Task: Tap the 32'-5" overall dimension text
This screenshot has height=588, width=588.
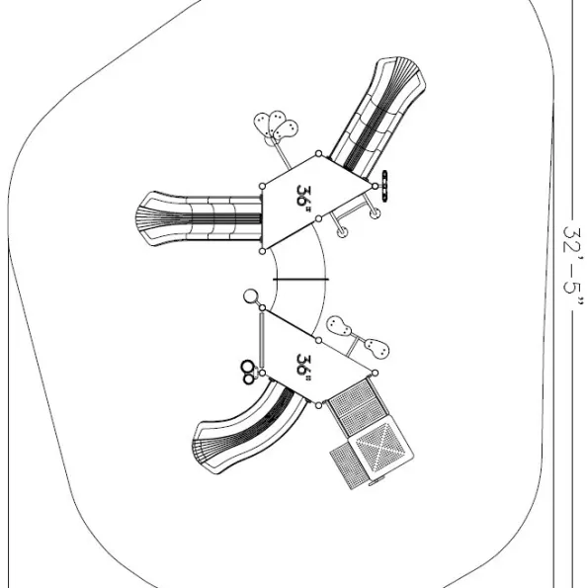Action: (x=573, y=266)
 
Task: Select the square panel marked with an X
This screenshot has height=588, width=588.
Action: (x=380, y=448)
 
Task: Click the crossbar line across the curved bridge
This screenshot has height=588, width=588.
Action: (x=300, y=280)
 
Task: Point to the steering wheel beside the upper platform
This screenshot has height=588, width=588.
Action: (x=384, y=186)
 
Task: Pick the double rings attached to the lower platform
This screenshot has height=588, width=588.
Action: (x=248, y=373)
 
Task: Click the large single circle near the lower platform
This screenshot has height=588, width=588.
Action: (x=250, y=296)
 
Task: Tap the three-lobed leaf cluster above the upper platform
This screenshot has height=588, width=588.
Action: (x=276, y=126)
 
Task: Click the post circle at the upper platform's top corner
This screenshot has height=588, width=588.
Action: (x=318, y=153)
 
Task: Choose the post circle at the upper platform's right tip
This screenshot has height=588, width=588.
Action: (x=375, y=186)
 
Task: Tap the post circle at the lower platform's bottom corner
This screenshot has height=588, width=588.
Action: (x=318, y=405)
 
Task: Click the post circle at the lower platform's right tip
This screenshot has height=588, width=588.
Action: (x=375, y=373)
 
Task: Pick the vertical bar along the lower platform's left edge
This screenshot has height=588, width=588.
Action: (x=261, y=341)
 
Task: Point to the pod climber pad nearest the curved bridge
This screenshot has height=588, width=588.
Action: (x=339, y=326)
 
